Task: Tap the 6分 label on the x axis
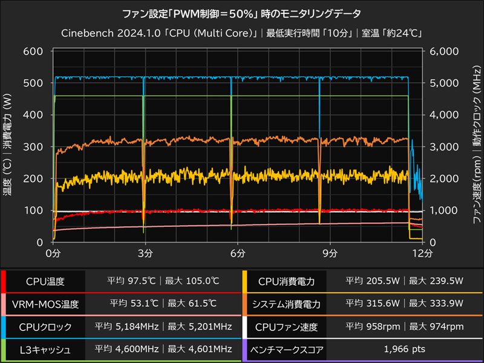(x=238, y=253)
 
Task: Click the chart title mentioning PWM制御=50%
(x=242, y=13)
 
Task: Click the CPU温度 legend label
(x=45, y=281)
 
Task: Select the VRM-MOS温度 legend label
(x=45, y=304)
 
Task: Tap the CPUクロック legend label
(x=45, y=327)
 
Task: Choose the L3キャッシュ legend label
(x=45, y=349)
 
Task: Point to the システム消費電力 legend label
(x=286, y=304)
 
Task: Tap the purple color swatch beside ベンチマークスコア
(x=244, y=349)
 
